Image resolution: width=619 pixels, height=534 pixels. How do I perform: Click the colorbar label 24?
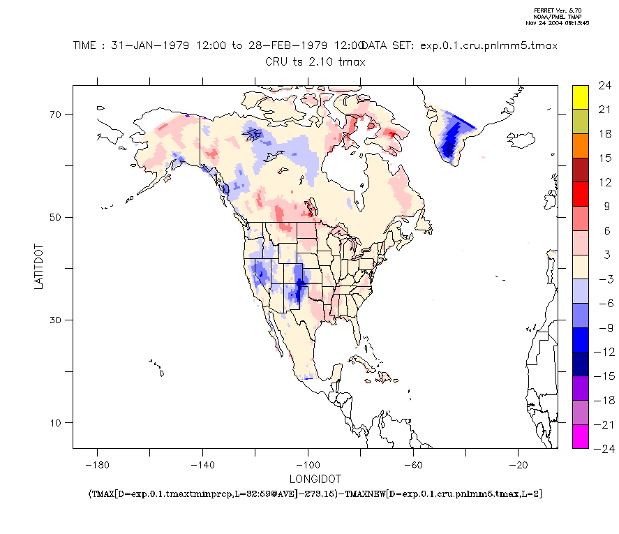click(604, 85)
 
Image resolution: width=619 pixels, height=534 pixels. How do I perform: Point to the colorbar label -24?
click(602, 448)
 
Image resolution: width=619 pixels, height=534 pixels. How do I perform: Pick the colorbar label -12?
click(602, 351)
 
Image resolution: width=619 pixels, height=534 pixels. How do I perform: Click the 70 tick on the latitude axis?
click(56, 114)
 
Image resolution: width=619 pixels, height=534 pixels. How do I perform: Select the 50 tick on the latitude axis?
click(56, 217)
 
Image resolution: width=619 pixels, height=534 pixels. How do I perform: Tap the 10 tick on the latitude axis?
click(56, 422)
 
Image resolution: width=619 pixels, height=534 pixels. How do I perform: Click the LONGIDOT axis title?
click(315, 480)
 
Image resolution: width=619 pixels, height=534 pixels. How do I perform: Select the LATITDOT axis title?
click(40, 267)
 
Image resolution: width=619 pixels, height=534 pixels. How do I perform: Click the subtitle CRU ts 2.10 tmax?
click(315, 61)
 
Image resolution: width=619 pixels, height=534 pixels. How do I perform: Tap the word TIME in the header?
click(87, 45)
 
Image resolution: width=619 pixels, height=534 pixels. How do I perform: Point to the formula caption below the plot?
click(315, 494)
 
